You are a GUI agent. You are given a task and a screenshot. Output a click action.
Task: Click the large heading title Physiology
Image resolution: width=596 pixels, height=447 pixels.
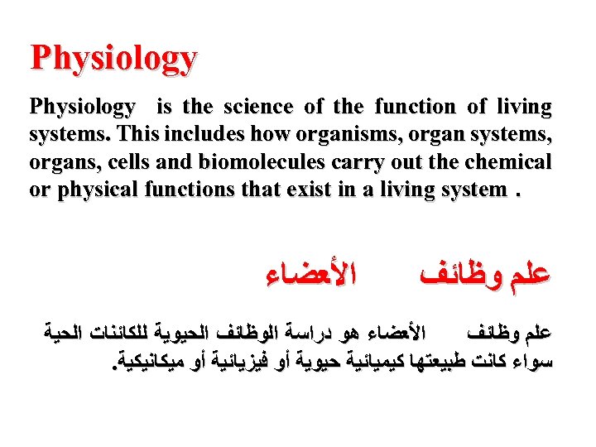[114, 59]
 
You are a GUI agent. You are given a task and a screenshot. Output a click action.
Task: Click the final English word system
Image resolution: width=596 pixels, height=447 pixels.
[470, 189]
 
